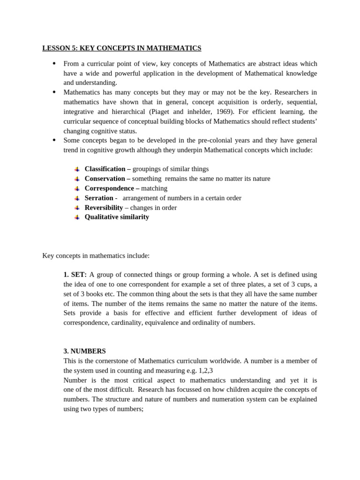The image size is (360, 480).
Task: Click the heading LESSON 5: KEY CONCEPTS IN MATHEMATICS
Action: click(121, 48)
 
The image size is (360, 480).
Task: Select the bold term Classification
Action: click(105, 169)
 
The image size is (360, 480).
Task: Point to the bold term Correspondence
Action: click(109, 188)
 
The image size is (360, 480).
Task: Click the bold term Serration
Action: click(99, 198)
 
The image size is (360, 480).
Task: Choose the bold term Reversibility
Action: click(104, 207)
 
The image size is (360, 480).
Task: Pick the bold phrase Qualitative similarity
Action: click(117, 217)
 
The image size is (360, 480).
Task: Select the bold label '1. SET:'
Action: click(75, 275)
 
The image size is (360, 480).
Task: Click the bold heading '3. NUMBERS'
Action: click(84, 351)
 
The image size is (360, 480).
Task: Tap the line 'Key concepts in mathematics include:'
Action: click(96, 255)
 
